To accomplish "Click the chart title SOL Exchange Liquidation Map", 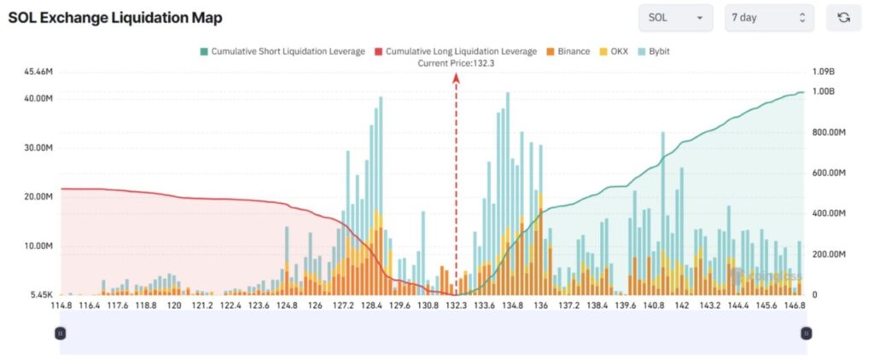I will (115, 18).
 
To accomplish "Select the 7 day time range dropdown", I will (768, 18).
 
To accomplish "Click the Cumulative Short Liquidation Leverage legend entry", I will (282, 51).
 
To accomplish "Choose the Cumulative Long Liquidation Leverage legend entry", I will (456, 51).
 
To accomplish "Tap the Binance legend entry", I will (568, 51).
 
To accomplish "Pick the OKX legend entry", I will (614, 51).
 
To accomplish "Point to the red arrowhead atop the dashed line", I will (456, 77).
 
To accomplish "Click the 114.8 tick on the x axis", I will (61, 305).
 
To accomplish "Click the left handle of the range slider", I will (60, 333).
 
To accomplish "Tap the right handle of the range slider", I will (806, 333).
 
